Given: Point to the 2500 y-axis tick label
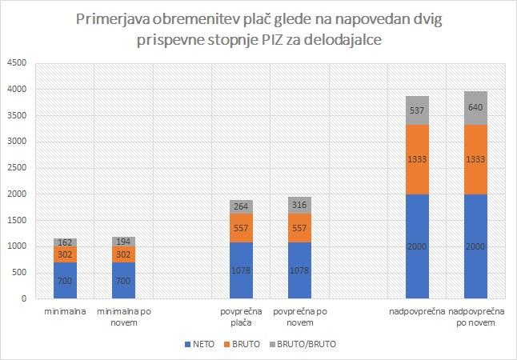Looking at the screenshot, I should coord(16,169).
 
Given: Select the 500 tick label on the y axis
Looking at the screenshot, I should coord(19,273).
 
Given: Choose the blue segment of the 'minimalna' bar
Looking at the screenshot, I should coord(65,280).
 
